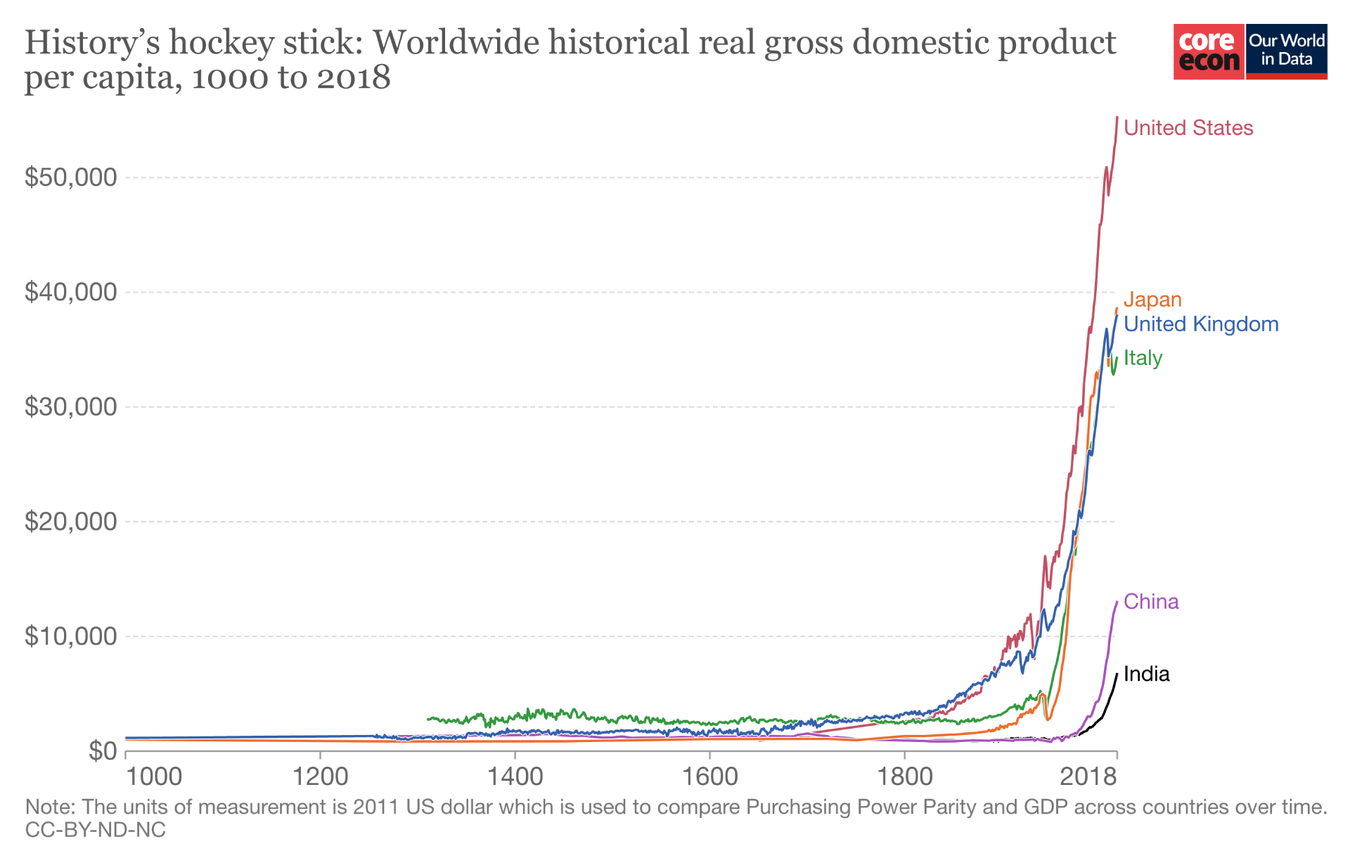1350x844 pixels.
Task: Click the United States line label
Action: point(1188,128)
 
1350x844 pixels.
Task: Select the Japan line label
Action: point(1152,300)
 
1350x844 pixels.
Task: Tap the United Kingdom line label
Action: point(1200,324)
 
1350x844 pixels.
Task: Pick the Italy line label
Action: point(1143,358)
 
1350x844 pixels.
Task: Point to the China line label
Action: point(1150,602)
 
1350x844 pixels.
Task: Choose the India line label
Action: point(1146,674)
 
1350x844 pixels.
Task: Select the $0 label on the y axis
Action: point(103,750)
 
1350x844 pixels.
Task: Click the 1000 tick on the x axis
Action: point(154,776)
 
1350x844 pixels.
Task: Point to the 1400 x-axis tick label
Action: point(515,776)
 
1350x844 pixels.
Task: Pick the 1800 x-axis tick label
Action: point(904,776)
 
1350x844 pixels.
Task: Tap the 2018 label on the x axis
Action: point(1088,776)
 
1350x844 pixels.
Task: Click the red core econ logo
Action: point(1209,51)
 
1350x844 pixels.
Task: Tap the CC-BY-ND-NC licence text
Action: point(95,830)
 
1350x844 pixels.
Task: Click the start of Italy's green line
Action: point(428,719)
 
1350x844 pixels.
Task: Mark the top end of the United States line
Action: point(1117,117)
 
